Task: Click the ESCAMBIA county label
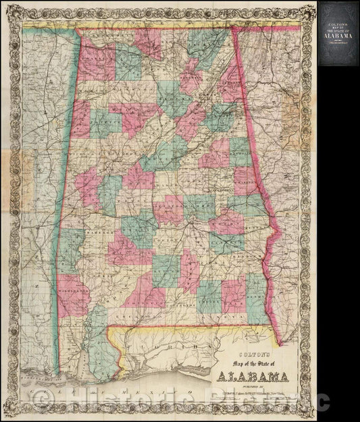coord(128,317)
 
